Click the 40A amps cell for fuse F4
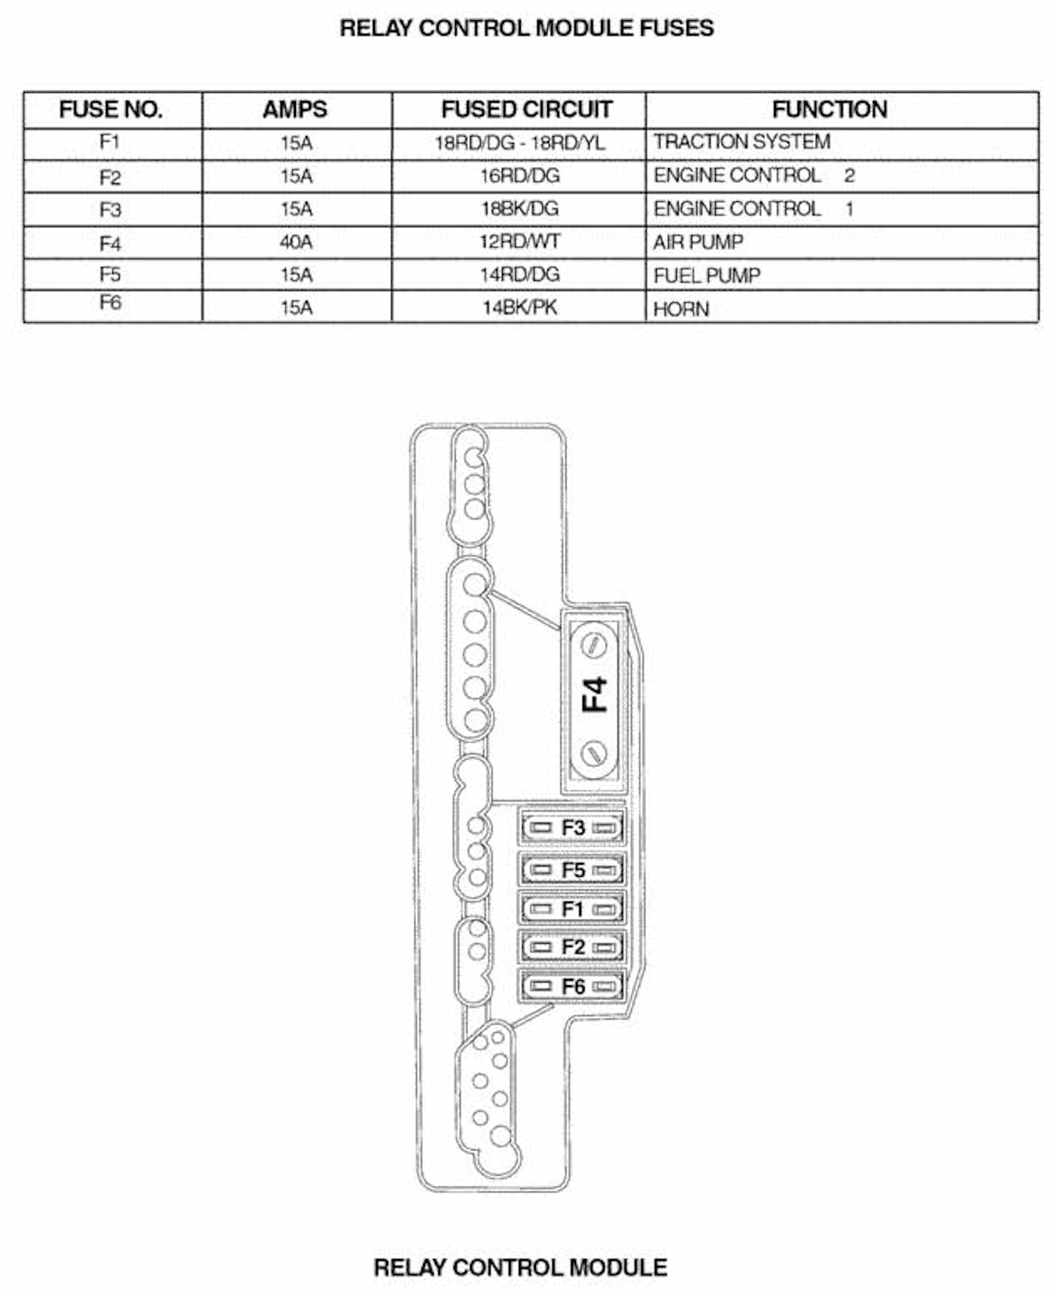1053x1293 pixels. coord(296,242)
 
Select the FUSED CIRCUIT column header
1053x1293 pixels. coord(526,109)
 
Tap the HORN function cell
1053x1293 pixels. coord(681,309)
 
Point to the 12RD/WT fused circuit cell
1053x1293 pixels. coord(520,241)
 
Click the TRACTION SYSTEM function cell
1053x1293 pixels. coord(742,142)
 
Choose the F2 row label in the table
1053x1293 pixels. coord(110,178)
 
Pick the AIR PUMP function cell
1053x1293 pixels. coord(698,242)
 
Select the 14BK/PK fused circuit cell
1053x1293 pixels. coord(520,307)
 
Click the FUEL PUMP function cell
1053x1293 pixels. coord(707,275)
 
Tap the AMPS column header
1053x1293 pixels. coord(295,109)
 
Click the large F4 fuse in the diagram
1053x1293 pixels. coord(594,698)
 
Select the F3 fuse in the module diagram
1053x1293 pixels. coord(572,827)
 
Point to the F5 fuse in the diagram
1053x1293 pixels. coord(572,869)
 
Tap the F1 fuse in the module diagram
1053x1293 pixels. coord(572,909)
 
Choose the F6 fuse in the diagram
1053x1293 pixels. coord(572,987)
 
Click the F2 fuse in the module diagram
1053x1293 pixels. coord(572,947)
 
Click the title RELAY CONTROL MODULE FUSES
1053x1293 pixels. coord(526,28)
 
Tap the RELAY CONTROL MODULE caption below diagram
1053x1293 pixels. coord(520,1267)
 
